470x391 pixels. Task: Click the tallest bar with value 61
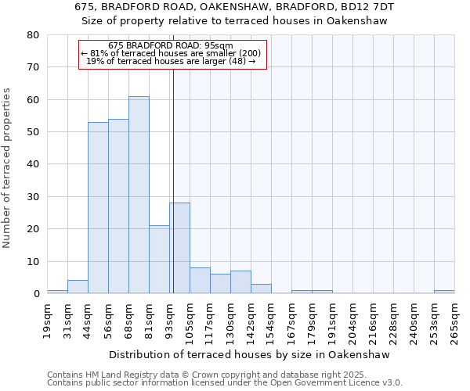(139, 195)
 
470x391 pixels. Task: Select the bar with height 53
(98, 208)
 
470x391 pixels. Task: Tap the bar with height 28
(179, 248)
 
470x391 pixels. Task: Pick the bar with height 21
(159, 260)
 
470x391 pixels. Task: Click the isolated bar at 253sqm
(444, 292)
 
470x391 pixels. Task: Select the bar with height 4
(78, 287)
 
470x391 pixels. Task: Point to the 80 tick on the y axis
(33, 35)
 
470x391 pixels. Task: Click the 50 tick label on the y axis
(33, 132)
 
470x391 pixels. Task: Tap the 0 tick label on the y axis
(36, 294)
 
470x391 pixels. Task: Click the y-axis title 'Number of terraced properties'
(8, 167)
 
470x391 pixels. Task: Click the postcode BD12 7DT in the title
(367, 7)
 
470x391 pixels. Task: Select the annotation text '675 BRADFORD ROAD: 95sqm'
(171, 46)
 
